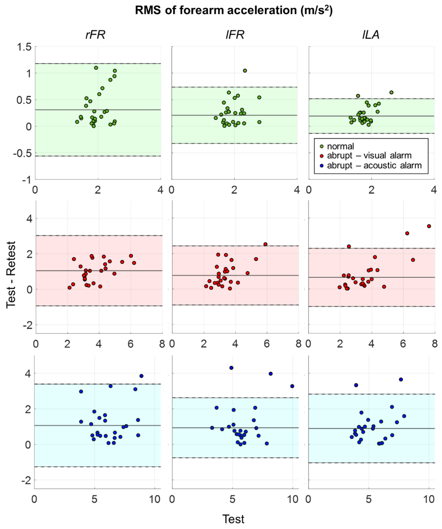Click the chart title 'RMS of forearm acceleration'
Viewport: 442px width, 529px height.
click(x=233, y=11)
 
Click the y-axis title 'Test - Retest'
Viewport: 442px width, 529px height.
click(x=11, y=275)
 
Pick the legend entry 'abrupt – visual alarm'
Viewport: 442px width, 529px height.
click(x=369, y=156)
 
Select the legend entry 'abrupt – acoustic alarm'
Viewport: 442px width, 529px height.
click(x=374, y=165)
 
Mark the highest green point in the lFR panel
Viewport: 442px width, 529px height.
click(x=245, y=70)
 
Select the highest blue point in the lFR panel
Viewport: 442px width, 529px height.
click(x=231, y=368)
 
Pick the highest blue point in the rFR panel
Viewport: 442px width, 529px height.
click(x=141, y=376)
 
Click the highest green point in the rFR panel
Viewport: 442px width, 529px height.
click(x=96, y=68)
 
